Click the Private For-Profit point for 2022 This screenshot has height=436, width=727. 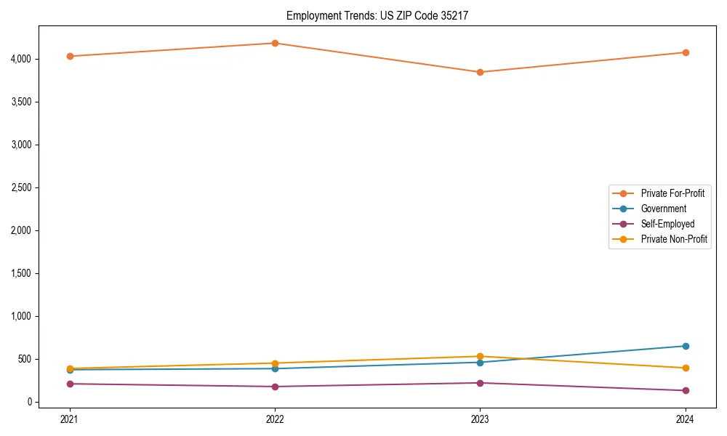click(x=275, y=43)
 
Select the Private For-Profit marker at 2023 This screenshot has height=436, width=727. click(x=480, y=72)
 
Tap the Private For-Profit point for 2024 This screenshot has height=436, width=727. click(x=686, y=52)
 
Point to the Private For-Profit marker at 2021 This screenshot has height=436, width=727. click(x=70, y=56)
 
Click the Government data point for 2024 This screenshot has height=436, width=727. click(x=686, y=346)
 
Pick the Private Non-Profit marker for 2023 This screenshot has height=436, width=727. click(x=480, y=357)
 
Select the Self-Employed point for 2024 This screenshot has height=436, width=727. click(x=686, y=390)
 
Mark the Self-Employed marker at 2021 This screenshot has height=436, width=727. click(x=70, y=384)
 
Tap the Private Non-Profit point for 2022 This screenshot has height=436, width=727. click(x=275, y=363)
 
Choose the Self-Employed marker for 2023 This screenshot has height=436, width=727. click(x=480, y=383)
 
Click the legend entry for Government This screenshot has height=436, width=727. click(x=663, y=209)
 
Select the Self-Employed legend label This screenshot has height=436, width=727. click(x=667, y=224)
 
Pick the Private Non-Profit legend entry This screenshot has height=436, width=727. click(x=674, y=239)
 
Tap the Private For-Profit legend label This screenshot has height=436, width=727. click(x=672, y=193)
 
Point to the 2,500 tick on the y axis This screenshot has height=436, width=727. click(x=22, y=187)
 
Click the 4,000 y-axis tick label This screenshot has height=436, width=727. click(x=22, y=59)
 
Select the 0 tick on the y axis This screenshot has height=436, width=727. click(x=30, y=402)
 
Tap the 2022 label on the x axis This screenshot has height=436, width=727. click(x=275, y=419)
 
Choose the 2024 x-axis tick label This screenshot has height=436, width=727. click(x=686, y=419)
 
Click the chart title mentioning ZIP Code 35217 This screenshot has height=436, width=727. click(x=382, y=15)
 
